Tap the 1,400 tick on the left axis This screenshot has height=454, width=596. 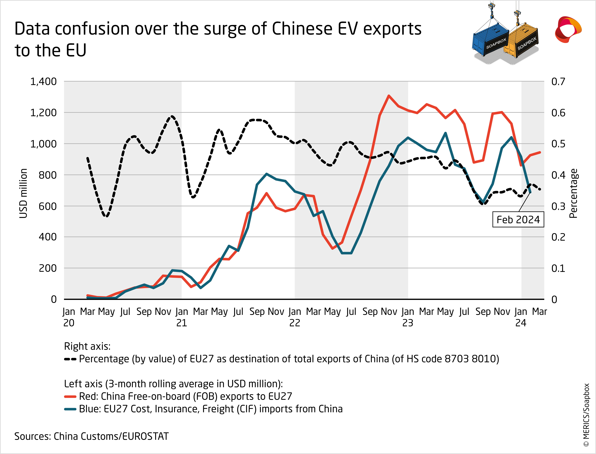click(x=43, y=82)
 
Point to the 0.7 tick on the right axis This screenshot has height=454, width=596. click(x=558, y=82)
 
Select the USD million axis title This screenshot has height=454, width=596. click(x=24, y=193)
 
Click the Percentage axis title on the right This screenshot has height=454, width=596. click(x=573, y=193)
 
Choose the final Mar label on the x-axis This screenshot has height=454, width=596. click(x=539, y=312)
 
